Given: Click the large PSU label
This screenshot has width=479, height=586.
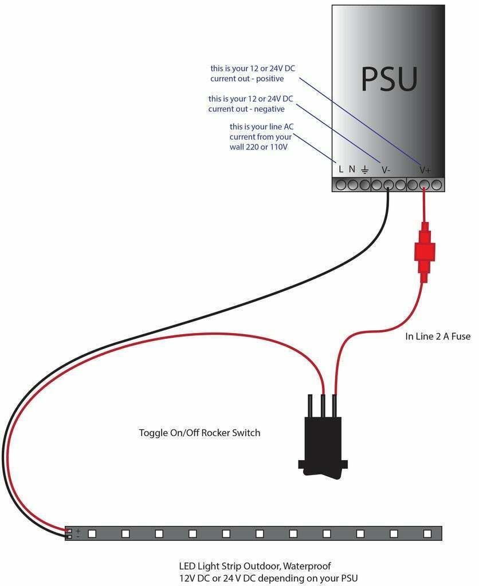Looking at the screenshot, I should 389,79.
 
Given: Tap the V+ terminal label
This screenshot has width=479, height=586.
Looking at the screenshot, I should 425,170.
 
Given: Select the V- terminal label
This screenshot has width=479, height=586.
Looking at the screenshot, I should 386,170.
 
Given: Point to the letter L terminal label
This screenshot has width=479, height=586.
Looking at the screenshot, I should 341,169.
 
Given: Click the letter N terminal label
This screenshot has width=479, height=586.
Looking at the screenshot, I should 352,169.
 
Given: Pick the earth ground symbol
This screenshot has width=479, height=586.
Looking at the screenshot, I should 364,169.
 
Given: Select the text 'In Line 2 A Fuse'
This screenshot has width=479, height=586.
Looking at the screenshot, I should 437,336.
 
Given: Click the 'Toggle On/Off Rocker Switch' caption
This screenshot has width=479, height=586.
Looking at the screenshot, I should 199,433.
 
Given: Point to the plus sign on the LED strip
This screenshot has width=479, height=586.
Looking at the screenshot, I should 78,530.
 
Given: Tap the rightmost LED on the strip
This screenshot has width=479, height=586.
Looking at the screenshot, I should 427,533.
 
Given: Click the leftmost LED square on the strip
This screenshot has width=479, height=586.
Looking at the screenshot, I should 92,533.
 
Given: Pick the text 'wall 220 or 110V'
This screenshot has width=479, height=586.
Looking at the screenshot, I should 258,147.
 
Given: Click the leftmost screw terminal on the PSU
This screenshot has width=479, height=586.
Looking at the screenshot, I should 340,185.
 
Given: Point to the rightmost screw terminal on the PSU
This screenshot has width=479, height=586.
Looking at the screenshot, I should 437,185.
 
